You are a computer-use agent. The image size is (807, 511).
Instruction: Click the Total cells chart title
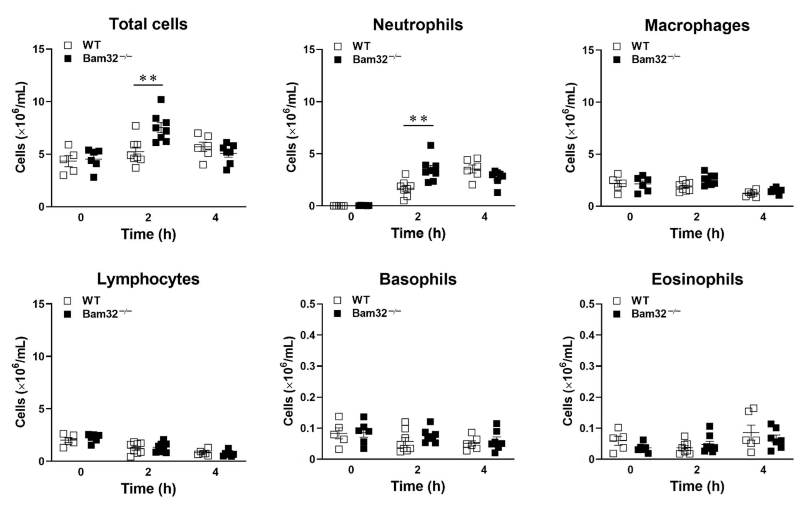click(148, 24)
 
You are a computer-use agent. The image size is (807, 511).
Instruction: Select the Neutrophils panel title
click(418, 25)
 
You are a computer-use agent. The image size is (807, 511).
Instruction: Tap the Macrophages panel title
click(697, 25)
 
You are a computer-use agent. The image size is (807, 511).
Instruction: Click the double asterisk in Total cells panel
click(148, 78)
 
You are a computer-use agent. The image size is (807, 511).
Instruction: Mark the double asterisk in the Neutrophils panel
click(418, 119)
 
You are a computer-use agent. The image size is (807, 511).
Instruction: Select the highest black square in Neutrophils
click(431, 145)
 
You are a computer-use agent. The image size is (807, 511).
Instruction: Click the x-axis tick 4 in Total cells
click(215, 218)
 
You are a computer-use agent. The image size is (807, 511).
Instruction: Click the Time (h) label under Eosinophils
click(697, 487)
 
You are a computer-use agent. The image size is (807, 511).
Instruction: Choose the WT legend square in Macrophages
click(617, 46)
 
